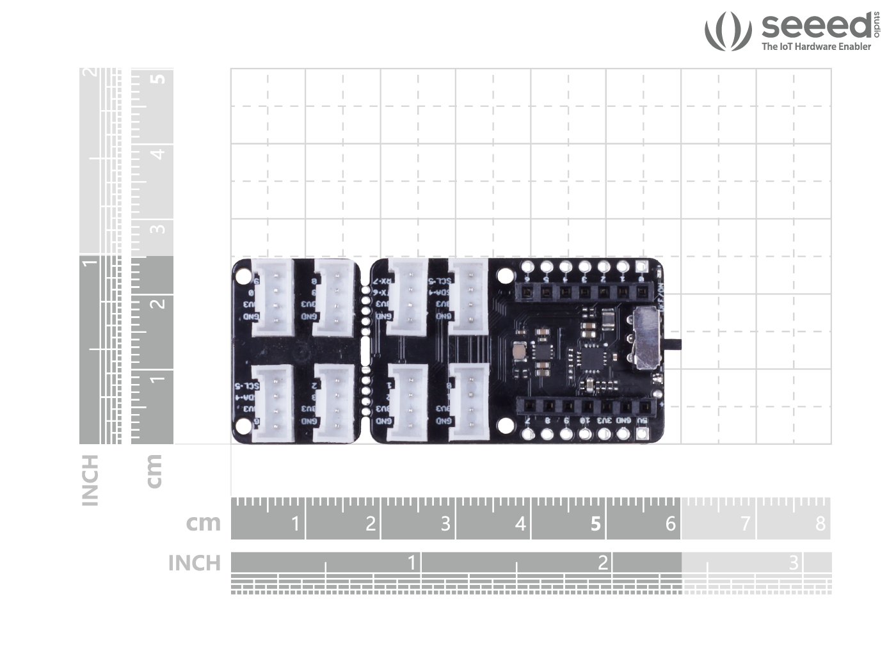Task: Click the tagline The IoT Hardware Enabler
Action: pyautogui.click(x=816, y=47)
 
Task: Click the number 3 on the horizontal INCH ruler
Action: pyautogui.click(x=794, y=563)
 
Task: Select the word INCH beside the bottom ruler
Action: pyautogui.click(x=194, y=563)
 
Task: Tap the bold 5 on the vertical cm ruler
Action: pyautogui.click(x=158, y=79)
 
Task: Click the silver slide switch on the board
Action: pyautogui.click(x=648, y=339)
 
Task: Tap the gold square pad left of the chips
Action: pyautogui.click(x=519, y=350)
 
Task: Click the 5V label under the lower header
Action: pyautogui.click(x=643, y=420)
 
